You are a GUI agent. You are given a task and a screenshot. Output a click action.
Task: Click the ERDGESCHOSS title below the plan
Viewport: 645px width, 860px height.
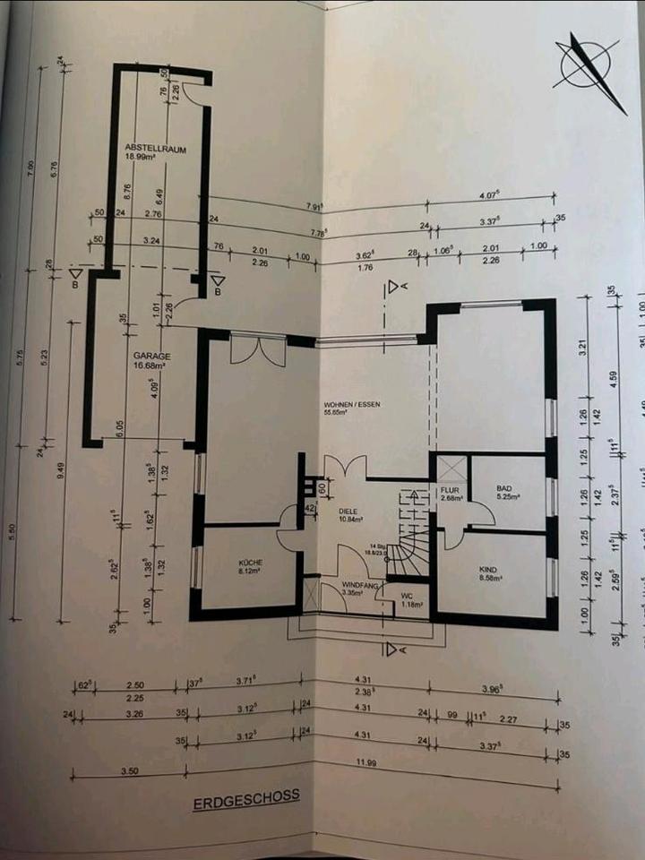pyautogui.click(x=245, y=800)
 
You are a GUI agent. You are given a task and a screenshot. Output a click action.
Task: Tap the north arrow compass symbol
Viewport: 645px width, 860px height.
pyautogui.click(x=586, y=68)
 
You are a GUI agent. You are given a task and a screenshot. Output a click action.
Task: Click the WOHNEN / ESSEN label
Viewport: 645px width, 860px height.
pyautogui.click(x=352, y=406)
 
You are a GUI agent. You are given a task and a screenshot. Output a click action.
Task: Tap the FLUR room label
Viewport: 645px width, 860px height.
pyautogui.click(x=449, y=490)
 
